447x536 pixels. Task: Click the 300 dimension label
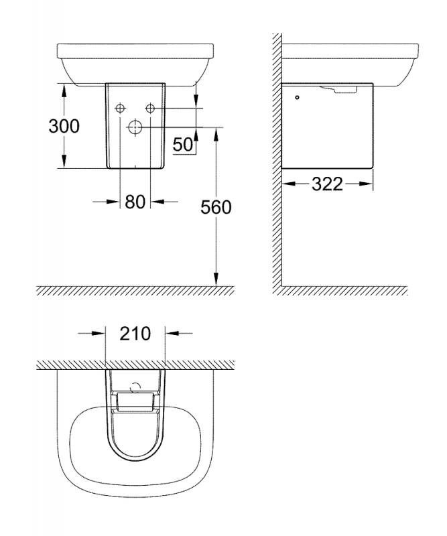pyautogui.click(x=64, y=126)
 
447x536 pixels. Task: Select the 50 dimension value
pyautogui.click(x=183, y=144)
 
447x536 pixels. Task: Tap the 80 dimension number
pyautogui.click(x=135, y=202)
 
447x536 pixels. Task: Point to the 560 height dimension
pyautogui.click(x=216, y=207)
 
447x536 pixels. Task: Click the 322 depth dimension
pyautogui.click(x=327, y=184)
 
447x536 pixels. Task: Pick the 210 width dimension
pyautogui.click(x=135, y=334)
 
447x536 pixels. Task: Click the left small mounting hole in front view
pyautogui.click(x=120, y=109)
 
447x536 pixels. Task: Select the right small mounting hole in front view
pyautogui.click(x=150, y=109)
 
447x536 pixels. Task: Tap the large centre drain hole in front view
pyautogui.click(x=135, y=127)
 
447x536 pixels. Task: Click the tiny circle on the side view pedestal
pyautogui.click(x=297, y=97)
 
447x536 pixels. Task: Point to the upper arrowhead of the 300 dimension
pyautogui.click(x=64, y=90)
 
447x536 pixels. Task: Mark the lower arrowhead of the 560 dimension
pyautogui.click(x=216, y=279)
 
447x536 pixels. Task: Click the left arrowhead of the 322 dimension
pyautogui.click(x=288, y=184)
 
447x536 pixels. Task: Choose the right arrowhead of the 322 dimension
pyautogui.click(x=367, y=184)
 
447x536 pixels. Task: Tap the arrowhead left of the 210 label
pyautogui.click(x=98, y=333)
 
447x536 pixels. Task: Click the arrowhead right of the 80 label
pyautogui.click(x=157, y=202)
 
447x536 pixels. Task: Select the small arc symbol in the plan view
pyautogui.click(x=136, y=387)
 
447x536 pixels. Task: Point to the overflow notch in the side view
pyautogui.click(x=338, y=90)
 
